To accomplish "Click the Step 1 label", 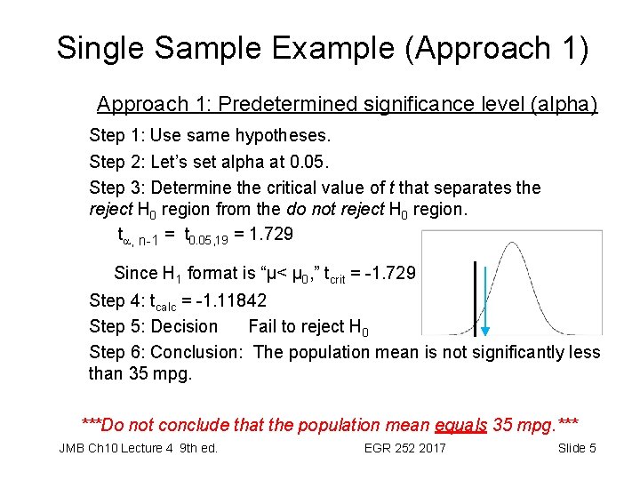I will tap(117, 136).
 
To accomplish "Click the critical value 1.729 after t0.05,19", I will tap(270, 235).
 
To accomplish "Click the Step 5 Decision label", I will tap(153, 326).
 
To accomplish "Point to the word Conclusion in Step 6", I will tap(196, 352).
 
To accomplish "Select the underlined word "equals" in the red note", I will tap(461, 425).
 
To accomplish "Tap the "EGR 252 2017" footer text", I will tap(404, 448).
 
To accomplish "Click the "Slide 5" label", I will tap(577, 448).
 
